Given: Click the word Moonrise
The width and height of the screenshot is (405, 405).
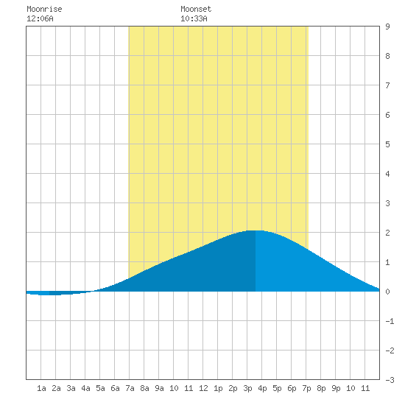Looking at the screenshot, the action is pos(44,9).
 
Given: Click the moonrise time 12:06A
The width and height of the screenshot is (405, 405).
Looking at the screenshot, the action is pos(40,18).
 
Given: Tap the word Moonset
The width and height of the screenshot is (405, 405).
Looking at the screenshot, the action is pos(196,9).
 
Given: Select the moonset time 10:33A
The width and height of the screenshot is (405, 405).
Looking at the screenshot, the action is pos(194,18).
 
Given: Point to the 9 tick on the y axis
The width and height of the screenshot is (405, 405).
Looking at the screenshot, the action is pos(387,27).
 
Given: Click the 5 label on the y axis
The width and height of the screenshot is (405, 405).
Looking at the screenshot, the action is pos(387,144).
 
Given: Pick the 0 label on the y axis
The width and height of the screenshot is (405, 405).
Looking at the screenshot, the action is pos(387,292).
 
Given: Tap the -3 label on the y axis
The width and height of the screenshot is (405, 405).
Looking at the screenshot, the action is pos(390,380).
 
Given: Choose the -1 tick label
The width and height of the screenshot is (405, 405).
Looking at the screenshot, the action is pos(390,321).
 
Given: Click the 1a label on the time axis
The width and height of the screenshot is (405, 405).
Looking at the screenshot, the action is pos(41,388).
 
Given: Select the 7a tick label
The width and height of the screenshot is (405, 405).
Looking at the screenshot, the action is pos(130,388).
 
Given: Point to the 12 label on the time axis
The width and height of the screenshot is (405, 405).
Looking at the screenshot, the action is pos(203,388).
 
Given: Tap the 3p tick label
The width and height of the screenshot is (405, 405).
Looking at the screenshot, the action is pos(247,388).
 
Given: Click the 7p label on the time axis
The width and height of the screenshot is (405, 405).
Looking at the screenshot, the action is pos(306,388).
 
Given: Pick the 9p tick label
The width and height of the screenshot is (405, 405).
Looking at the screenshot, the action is pos(336,388).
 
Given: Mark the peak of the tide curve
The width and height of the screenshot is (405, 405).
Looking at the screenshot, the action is pos(256,230).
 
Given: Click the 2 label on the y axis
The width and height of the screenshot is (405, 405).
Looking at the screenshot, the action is pos(387,233).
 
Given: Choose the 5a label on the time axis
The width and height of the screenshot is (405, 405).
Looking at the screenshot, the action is pos(100,388).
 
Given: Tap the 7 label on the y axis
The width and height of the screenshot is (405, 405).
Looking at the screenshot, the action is pos(387,85).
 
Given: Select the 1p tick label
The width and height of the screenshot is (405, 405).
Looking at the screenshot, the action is pos(218,388).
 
